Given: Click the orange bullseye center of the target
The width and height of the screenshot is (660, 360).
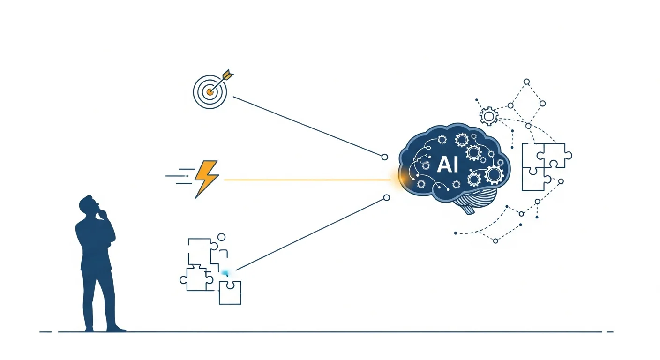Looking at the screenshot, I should click(210, 92).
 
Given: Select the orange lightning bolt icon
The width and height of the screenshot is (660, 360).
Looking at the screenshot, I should click(206, 179).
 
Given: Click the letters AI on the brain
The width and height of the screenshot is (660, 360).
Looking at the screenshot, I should click(447, 165).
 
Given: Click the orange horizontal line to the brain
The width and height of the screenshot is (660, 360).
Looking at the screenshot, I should click(305, 180).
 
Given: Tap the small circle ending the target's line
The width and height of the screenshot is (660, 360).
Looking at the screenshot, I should click(385, 157).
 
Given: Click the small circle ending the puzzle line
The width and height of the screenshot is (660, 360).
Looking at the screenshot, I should click(386, 198).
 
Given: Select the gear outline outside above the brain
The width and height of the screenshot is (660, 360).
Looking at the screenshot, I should click(488, 115).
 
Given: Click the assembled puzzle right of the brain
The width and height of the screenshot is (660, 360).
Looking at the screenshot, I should click(544, 167).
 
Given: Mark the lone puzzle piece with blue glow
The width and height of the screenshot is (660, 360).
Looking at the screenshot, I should click(230, 292).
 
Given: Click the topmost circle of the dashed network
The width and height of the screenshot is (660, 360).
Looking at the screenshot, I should click(526, 82).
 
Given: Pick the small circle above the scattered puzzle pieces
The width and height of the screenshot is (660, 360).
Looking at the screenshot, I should click(221, 237).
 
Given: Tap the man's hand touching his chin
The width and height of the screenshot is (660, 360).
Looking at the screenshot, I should click(103, 215).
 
